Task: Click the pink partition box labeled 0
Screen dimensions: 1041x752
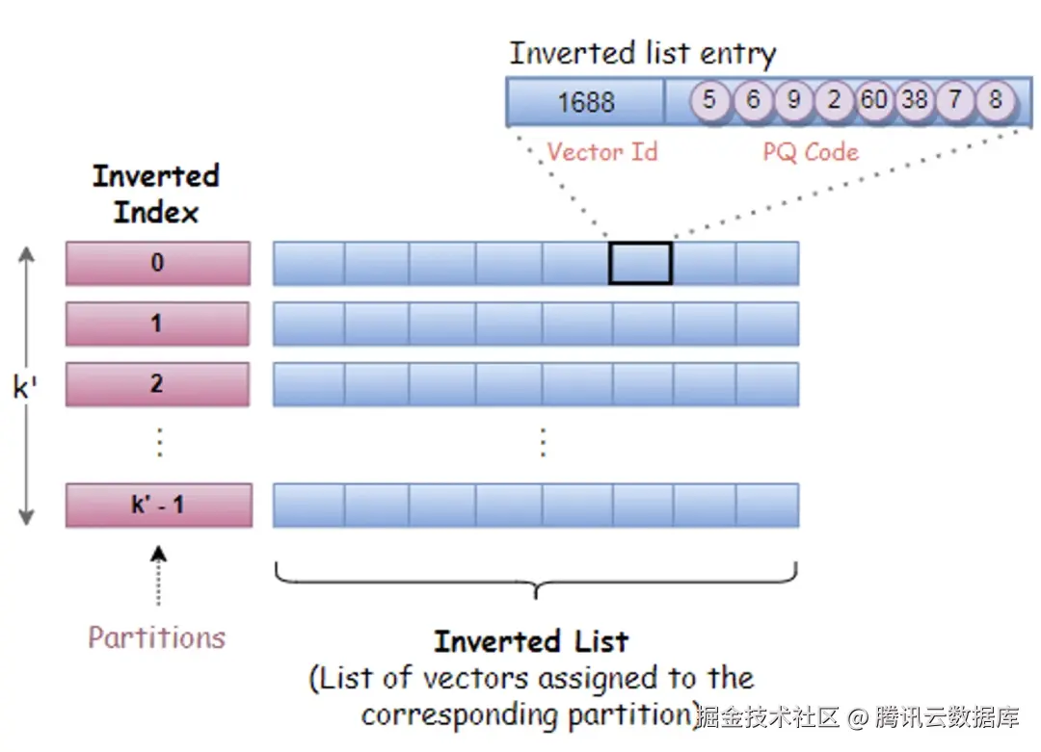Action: (x=158, y=263)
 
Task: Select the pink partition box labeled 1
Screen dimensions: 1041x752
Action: (x=158, y=324)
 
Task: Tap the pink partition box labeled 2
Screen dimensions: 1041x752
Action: (x=158, y=384)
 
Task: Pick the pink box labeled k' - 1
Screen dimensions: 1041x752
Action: (x=159, y=506)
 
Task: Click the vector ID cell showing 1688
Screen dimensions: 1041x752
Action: (x=586, y=101)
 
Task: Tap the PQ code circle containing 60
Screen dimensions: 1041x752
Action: (x=873, y=100)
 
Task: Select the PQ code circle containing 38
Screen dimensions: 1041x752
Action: (x=915, y=100)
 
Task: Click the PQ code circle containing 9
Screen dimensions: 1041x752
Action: (x=793, y=100)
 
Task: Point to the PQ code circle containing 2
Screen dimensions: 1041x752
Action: (x=834, y=100)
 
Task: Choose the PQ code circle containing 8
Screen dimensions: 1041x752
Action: (x=995, y=100)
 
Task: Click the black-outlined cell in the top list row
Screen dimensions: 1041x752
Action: (x=641, y=263)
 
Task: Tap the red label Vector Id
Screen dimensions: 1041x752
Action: (x=602, y=152)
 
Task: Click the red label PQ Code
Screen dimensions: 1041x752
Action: (x=811, y=152)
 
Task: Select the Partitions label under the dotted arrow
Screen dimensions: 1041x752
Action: (x=157, y=637)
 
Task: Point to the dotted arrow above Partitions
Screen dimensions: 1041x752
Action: (x=158, y=575)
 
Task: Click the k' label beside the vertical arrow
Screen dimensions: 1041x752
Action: (x=24, y=387)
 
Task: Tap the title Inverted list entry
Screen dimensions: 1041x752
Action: (x=643, y=54)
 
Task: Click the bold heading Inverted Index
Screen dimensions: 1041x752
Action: (x=156, y=194)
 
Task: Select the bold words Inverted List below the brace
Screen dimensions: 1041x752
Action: (x=531, y=641)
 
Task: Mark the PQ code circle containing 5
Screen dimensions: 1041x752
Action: (x=709, y=100)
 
